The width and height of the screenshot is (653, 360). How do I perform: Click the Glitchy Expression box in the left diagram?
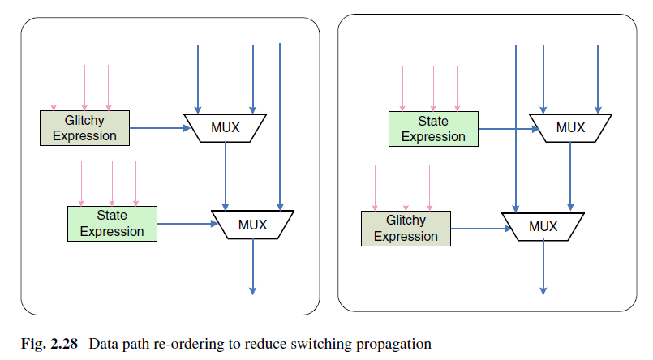[x=84, y=128]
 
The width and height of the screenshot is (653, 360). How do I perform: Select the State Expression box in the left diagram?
[x=112, y=223]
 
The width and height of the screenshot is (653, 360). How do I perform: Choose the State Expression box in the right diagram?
[x=433, y=129]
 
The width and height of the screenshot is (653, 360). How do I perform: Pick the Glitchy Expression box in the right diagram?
[x=405, y=229]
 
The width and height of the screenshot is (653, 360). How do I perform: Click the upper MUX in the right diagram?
[x=570, y=127]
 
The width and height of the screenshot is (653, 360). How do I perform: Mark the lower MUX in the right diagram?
[x=543, y=226]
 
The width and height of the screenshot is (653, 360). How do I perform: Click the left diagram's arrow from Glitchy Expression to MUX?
[x=157, y=127]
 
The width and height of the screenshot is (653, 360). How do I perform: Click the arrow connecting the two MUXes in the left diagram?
[x=226, y=174]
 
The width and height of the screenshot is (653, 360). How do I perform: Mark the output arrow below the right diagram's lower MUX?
[x=543, y=268]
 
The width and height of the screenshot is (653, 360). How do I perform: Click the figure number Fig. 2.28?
[x=49, y=344]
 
